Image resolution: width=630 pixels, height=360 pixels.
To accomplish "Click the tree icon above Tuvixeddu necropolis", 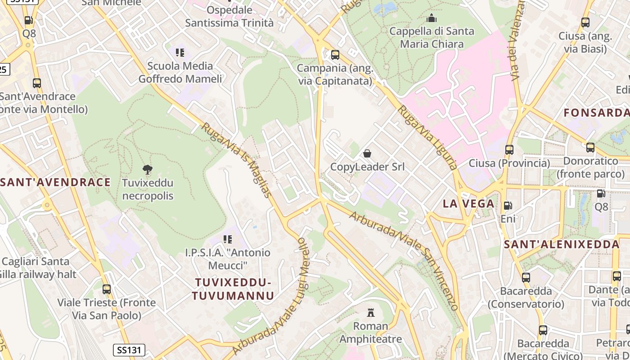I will tap(147, 170).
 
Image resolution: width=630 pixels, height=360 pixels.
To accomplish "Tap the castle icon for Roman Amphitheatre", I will tap(371, 312).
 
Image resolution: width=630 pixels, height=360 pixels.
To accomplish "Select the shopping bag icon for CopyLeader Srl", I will tap(367, 153).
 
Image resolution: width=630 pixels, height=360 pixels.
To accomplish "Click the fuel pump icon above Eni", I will tap(508, 206).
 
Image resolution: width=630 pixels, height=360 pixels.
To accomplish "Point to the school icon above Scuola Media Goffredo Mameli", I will tap(180, 53).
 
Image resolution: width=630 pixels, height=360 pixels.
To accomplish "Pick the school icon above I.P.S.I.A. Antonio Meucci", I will tap(228, 239).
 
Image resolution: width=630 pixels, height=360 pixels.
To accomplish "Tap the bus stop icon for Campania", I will tap(335, 55).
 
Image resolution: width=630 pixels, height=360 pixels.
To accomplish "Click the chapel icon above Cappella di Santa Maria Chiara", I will tap(432, 18).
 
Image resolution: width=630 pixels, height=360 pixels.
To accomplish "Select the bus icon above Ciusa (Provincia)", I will tap(509, 150).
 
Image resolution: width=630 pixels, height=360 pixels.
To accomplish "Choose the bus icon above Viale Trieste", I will tap(107, 289).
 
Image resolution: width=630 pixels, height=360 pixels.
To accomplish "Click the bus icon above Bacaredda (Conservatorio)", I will tap(526, 278).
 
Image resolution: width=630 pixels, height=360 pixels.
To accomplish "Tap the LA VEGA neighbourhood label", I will tap(468, 203).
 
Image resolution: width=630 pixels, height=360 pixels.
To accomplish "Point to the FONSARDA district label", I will tap(596, 112).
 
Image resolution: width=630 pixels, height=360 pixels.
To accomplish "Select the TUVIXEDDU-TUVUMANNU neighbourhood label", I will tap(233, 289).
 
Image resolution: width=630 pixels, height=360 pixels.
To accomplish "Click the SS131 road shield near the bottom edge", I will tap(128, 350).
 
